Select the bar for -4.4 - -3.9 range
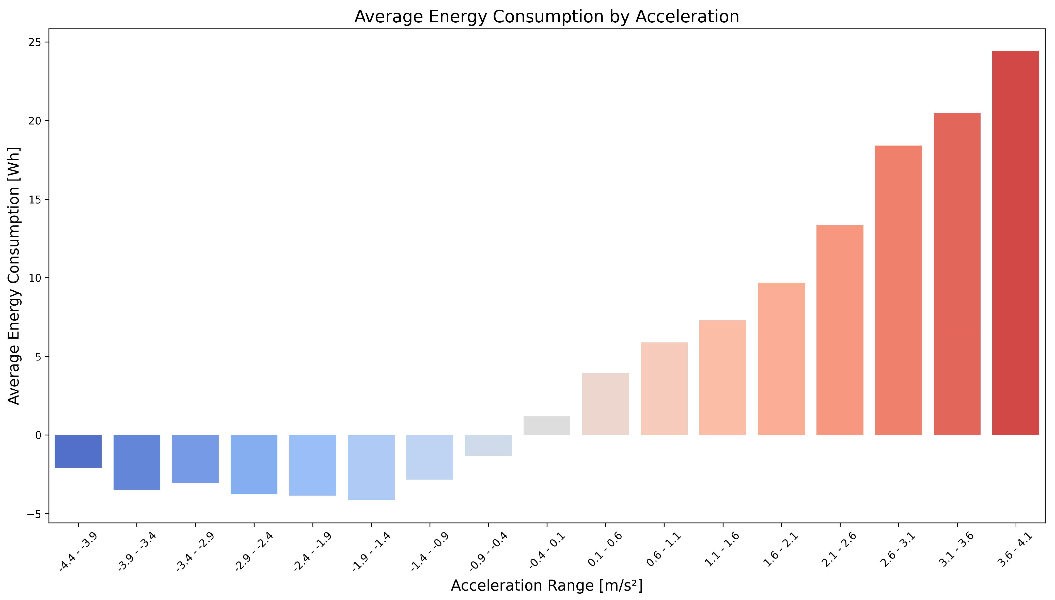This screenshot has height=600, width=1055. tap(78, 451)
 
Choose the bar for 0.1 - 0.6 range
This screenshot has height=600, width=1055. tap(605, 404)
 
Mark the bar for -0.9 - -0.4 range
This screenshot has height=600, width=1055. tap(488, 445)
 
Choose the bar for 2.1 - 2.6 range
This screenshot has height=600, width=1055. tap(840, 330)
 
